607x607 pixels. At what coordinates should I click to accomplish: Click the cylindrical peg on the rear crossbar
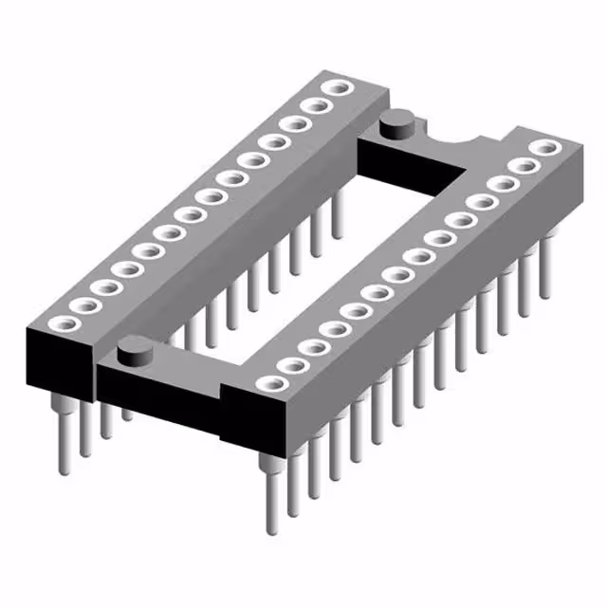click(x=395, y=124)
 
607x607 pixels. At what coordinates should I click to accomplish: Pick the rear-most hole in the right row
click(x=544, y=147)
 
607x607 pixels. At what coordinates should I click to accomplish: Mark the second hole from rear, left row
click(x=314, y=105)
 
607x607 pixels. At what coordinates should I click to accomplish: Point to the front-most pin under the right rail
click(x=272, y=493)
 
